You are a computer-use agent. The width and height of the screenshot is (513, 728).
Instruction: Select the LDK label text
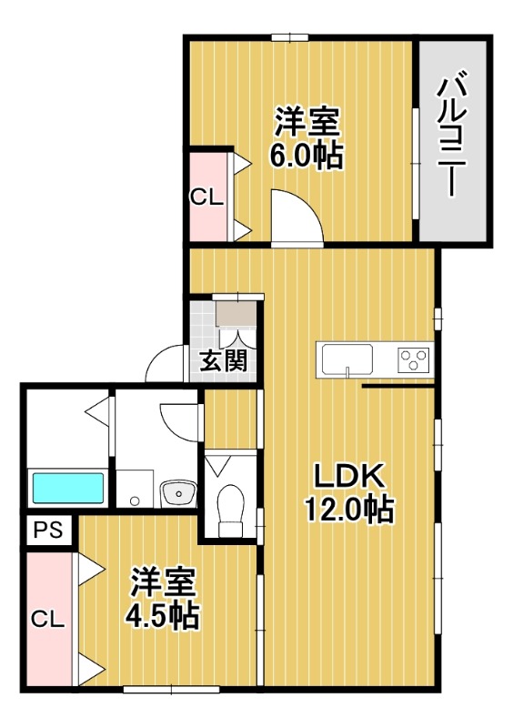click(351, 477)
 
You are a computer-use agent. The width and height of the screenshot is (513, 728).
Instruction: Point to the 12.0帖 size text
click(349, 511)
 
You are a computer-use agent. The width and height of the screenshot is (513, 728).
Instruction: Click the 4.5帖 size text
click(162, 617)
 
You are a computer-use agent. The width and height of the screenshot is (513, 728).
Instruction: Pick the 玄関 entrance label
click(223, 361)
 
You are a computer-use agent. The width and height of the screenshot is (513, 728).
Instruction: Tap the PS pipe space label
click(48, 531)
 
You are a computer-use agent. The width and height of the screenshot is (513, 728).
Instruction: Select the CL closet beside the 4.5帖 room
click(48, 621)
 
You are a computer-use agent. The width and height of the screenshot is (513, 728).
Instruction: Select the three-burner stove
click(414, 360)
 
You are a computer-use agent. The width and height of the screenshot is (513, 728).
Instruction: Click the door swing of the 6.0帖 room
click(297, 218)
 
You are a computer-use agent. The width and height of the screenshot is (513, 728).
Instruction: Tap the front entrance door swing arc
click(164, 366)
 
